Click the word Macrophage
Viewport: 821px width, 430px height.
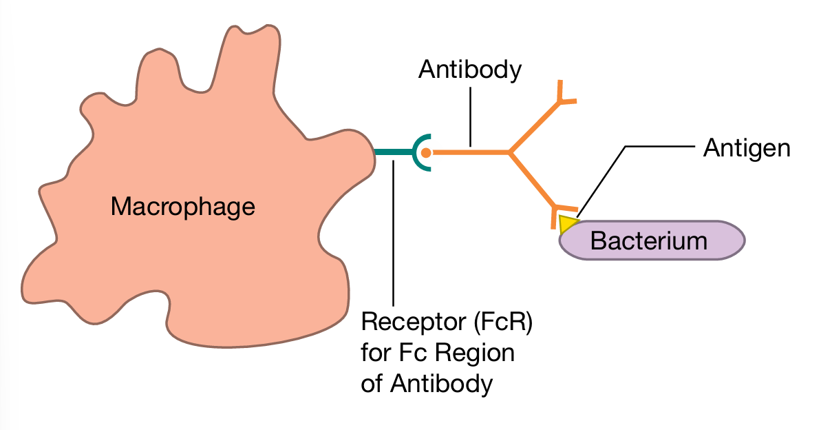[182, 206]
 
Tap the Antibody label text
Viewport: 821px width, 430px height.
[469, 70]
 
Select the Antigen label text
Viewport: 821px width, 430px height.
[746, 148]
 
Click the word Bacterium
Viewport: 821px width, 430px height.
[648, 240]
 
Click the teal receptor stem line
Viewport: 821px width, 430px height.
[392, 152]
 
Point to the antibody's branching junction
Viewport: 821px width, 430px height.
[509, 152]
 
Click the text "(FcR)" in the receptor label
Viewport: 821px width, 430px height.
[499, 322]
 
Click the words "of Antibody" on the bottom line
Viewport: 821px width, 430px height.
[427, 383]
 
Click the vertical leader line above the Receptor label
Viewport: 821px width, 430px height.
[393, 234]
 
